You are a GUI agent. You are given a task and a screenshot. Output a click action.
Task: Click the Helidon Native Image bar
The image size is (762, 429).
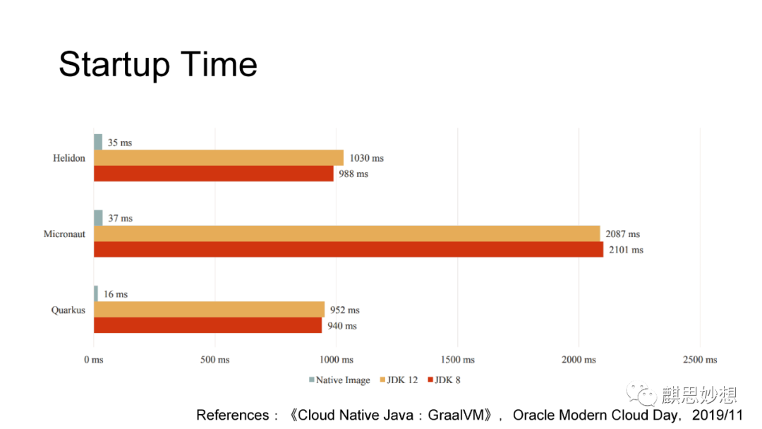[98, 142]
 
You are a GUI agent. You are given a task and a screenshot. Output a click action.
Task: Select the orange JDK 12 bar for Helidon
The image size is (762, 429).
[219, 158]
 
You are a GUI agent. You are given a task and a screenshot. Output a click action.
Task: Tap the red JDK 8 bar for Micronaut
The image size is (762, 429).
[349, 249]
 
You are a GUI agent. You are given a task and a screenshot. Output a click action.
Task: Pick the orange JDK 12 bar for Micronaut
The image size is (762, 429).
[347, 234]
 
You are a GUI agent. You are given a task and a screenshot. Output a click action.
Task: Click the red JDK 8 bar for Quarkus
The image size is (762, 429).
[208, 325]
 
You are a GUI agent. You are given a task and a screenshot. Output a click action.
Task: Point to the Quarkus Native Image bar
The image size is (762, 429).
[96, 294]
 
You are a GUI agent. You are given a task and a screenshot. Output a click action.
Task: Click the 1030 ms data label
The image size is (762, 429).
[367, 158]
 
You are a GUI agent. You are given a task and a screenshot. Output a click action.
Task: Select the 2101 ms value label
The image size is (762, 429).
[626, 250]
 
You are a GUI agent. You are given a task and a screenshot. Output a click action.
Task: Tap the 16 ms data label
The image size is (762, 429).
[116, 294]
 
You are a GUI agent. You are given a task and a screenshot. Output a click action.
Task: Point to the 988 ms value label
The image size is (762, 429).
[353, 174]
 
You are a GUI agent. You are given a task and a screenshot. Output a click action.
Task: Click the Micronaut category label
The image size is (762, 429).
[64, 234]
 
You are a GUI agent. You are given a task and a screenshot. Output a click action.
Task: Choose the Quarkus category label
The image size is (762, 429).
[68, 310]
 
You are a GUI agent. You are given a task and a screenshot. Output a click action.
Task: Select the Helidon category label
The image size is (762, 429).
[69, 158]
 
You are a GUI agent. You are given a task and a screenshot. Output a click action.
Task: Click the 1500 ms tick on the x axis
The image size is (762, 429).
[457, 360]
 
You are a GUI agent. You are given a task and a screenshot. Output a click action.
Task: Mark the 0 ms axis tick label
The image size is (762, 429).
[94, 360]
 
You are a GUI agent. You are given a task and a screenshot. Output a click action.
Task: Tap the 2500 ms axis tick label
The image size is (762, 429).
[700, 360]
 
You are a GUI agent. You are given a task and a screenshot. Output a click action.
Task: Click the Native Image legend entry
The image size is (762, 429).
[339, 380]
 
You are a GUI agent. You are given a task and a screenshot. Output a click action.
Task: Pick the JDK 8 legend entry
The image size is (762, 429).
[445, 380]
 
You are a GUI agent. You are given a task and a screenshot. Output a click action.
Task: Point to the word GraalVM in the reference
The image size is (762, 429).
[456, 415]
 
